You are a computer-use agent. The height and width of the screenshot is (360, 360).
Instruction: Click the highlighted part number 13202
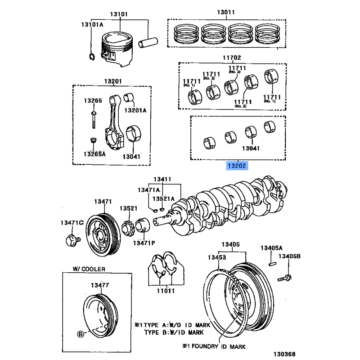coord(237,166)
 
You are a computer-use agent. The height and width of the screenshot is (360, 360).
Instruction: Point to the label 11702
coord(232,58)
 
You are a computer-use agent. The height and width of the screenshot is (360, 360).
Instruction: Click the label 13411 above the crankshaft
coord(162,180)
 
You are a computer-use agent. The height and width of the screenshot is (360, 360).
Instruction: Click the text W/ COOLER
coord(89,269)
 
